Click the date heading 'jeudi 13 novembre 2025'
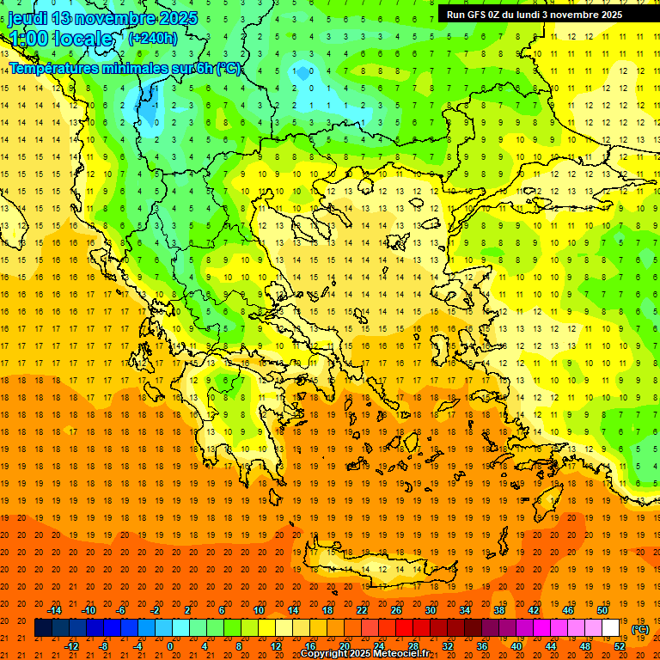pos(103,18)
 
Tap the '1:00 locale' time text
pos(61,39)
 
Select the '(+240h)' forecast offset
pos(153,38)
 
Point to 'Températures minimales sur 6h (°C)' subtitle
pos(125,68)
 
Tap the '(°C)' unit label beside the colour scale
pos(640,629)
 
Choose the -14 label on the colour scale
pos(55,610)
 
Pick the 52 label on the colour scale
pos(620,646)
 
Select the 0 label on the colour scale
pos(170,646)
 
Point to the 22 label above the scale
pos(362,610)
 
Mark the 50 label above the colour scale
pos(602,610)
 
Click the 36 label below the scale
pos(482,646)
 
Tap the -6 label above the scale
pos(121,610)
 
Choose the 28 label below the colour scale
pos(413,646)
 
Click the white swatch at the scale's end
pos(611,628)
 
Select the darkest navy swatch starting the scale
pos(43,628)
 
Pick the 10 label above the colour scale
pos(259,610)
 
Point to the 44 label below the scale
pos(551,646)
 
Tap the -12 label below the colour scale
pos(72,646)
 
